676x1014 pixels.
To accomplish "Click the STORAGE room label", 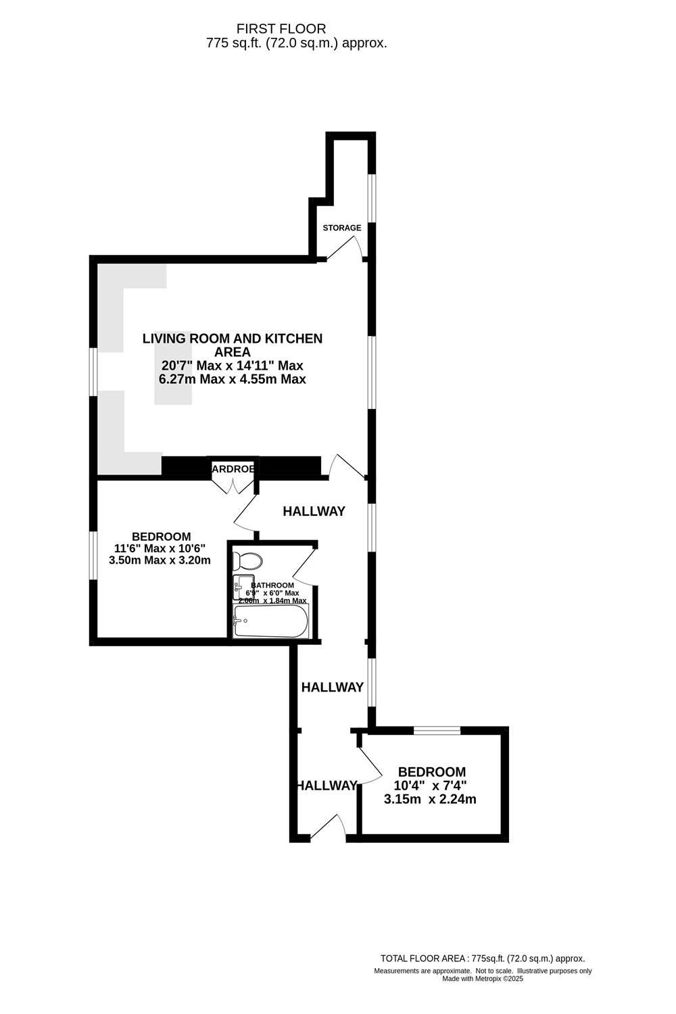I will [341, 228].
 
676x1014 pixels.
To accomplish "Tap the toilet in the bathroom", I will [247, 561].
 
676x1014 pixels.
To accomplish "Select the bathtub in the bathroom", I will [270, 621].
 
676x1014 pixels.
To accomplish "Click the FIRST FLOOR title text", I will [281, 29].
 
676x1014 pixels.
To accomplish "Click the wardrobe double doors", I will [233, 486].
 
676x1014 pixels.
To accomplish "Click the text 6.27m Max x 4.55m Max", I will [232, 379].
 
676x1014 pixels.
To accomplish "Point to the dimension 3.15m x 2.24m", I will [430, 800].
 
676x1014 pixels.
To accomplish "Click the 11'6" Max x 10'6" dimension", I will [160, 548].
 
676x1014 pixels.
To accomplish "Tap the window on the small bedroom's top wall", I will [437, 730].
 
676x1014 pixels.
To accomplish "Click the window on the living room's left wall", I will [94, 370].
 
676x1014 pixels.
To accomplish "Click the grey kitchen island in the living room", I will [173, 372].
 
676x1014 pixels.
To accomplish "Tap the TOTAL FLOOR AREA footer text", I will [482, 958].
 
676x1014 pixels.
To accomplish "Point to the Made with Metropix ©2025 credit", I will [483, 978].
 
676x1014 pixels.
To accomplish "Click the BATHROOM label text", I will [272, 585].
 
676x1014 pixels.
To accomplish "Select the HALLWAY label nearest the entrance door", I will [327, 786].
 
